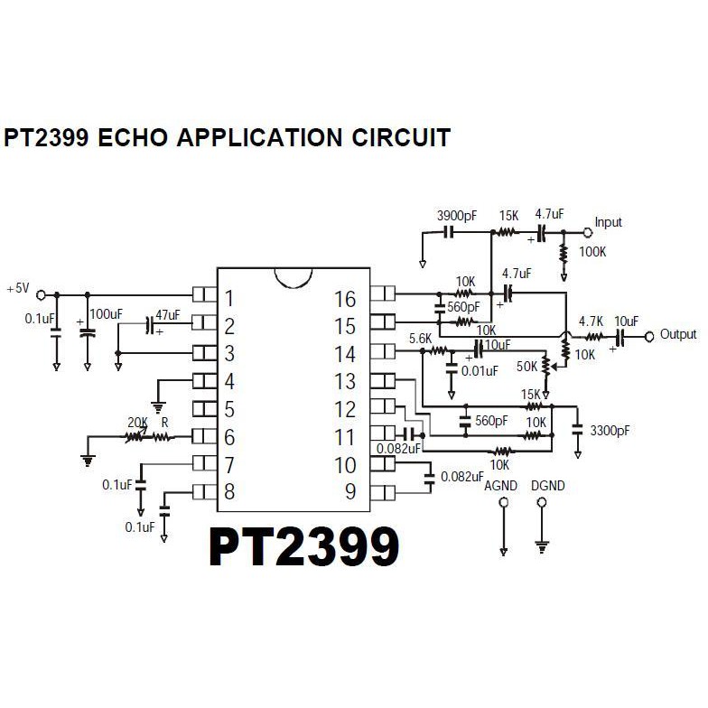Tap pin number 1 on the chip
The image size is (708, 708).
[x=229, y=299]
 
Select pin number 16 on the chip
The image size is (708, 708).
[x=345, y=299]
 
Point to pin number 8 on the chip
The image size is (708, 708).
[x=229, y=493]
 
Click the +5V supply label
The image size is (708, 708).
[x=17, y=289]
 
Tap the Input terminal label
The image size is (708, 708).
[x=608, y=222]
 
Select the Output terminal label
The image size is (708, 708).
[x=678, y=334]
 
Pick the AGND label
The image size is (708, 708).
[x=501, y=486]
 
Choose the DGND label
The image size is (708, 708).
[x=547, y=486]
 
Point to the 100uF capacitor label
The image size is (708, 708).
[x=107, y=313]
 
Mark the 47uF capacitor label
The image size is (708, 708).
[x=168, y=315]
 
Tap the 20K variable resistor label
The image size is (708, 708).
[x=137, y=422]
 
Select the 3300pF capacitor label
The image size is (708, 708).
[x=610, y=432]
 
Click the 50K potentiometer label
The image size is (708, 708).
[x=527, y=366]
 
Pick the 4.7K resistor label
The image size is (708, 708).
[x=591, y=321]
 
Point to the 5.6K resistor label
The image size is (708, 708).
[x=420, y=338]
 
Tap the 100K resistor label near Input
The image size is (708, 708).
[x=592, y=251]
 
